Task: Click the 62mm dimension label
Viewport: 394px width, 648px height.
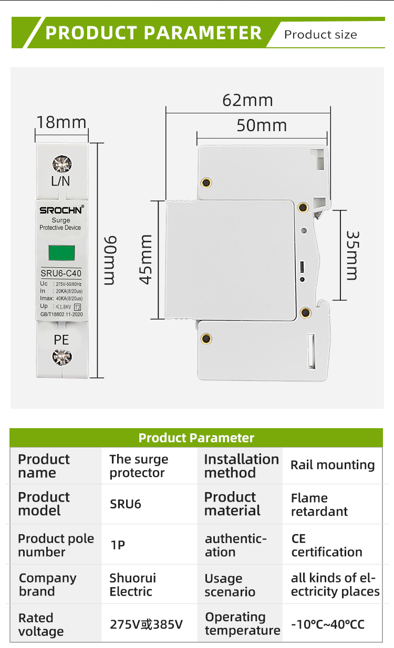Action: click(247, 100)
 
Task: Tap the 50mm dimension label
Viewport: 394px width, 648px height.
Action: click(262, 125)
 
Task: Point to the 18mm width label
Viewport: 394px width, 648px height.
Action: click(61, 122)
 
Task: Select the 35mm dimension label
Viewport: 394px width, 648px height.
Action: click(352, 256)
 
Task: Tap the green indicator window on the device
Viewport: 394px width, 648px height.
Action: click(61, 253)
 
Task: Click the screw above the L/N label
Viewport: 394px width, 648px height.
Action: click(61, 164)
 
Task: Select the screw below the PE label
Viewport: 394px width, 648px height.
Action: click(61, 358)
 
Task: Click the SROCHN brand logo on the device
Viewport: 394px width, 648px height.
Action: click(61, 210)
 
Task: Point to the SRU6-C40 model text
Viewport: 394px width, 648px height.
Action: click(61, 273)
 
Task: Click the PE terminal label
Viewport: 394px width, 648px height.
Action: click(61, 339)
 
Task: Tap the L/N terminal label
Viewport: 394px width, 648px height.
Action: click(61, 182)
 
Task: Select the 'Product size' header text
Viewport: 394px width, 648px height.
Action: click(320, 35)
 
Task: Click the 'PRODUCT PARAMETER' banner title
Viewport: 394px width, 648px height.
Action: click(153, 33)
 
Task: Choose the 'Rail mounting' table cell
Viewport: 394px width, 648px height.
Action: click(333, 465)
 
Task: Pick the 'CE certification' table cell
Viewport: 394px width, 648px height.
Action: click(327, 545)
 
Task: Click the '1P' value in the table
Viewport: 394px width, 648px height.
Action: click(118, 545)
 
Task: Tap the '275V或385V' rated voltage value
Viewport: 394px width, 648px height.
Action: click(146, 624)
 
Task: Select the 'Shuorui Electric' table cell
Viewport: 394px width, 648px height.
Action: click(132, 585)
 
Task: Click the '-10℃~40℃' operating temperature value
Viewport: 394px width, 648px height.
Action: click(328, 624)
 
